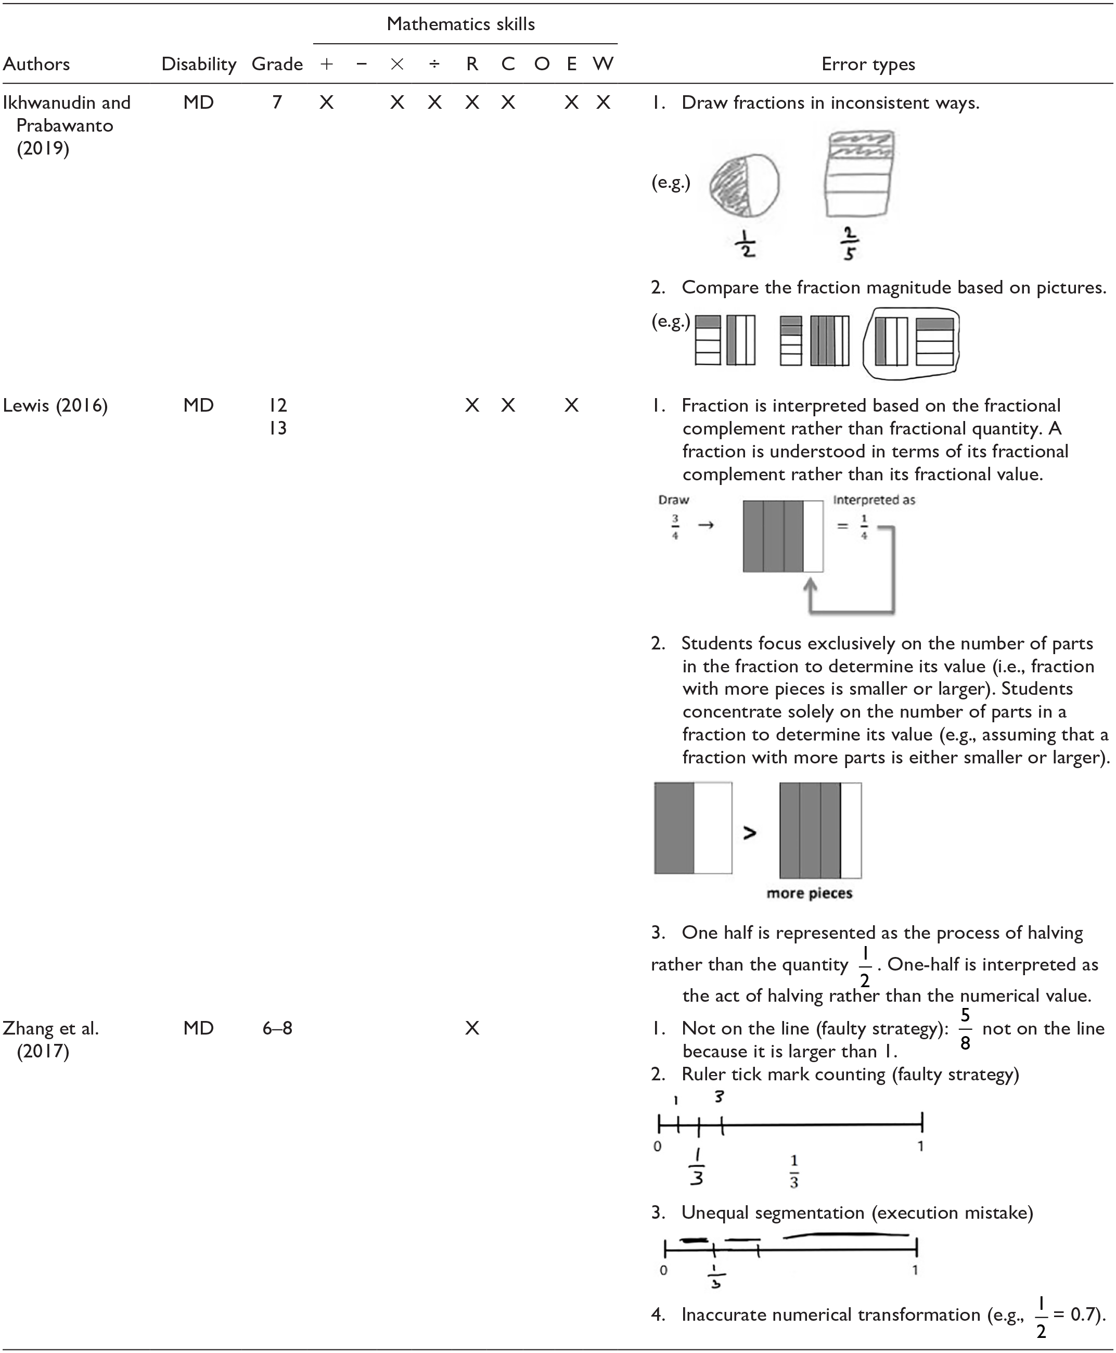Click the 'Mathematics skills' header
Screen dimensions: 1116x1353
coord(460,24)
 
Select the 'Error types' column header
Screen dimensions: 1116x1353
coord(868,65)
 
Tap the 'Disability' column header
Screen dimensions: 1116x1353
coord(199,65)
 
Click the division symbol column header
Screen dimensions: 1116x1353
coord(434,65)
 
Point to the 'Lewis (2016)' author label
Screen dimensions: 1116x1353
coord(55,406)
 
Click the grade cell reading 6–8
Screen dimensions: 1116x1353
coord(277,1028)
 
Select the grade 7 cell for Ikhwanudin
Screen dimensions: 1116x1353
coord(277,103)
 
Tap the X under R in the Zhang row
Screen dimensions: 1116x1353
coord(472,1028)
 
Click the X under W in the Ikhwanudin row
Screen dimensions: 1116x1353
coord(602,103)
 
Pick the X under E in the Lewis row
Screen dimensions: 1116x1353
coord(571,406)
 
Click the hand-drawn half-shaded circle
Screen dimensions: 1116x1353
coord(745,185)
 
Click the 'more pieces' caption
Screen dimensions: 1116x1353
coord(810,893)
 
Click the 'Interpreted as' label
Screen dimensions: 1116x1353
coord(874,500)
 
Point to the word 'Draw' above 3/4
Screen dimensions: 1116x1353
coord(674,500)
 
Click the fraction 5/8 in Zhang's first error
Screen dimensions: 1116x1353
coord(965,1029)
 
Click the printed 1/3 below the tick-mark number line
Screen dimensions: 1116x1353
coord(794,1172)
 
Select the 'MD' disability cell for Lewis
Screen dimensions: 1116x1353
coord(198,406)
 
